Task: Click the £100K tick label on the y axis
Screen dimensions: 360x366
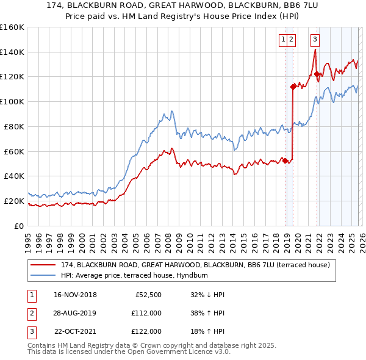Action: coord(12,101)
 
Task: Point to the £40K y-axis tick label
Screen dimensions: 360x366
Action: coord(14,176)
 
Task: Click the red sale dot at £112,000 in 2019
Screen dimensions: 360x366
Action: coord(293,87)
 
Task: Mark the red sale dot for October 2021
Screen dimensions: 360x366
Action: coord(317,74)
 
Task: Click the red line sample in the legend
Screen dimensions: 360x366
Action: coord(44,265)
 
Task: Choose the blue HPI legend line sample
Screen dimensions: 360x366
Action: coord(44,276)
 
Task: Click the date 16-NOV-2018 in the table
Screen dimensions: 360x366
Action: coord(75,295)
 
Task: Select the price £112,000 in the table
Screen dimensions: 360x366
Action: coord(146,313)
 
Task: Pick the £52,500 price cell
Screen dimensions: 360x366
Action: coord(148,295)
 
